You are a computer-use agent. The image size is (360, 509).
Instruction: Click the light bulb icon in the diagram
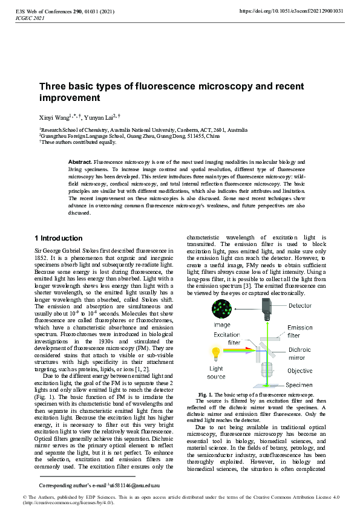[x=216, y=353]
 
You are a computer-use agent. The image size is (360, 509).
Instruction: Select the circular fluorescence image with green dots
[x=221, y=310]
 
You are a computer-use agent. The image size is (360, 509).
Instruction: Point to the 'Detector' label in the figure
[x=299, y=306]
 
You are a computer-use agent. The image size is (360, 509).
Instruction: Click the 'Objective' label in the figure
[x=300, y=371]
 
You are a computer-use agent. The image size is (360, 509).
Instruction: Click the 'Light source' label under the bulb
[x=216, y=372]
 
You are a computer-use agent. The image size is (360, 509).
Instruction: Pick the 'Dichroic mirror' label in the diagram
[x=301, y=353]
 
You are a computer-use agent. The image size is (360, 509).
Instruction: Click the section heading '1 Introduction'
[x=58, y=238]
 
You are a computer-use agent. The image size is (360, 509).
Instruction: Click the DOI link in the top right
[x=292, y=11]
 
